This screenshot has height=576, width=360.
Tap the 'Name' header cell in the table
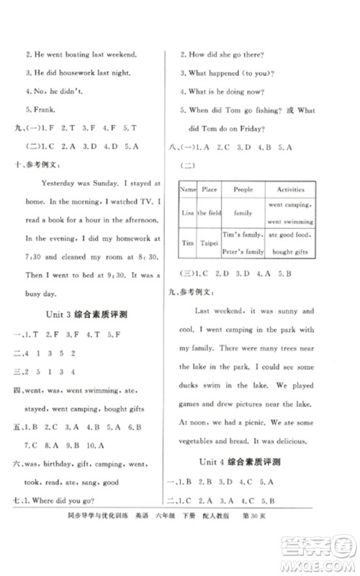188,189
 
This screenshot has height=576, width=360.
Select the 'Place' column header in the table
210,189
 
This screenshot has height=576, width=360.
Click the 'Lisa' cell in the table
187,213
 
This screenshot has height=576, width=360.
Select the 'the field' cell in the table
209,213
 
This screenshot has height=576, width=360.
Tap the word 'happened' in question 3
228,73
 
